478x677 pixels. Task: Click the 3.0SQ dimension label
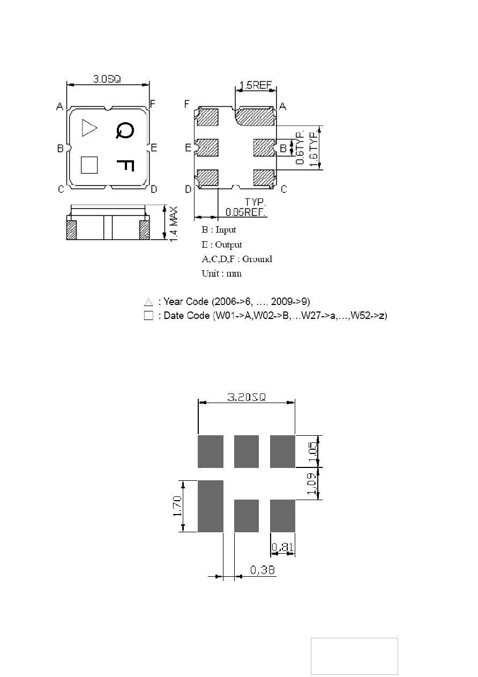(x=107, y=79)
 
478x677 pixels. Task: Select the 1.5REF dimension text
(x=256, y=85)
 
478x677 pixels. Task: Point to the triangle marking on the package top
(x=89, y=128)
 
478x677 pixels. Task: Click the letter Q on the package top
(x=125, y=131)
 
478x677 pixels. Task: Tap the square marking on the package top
(x=89, y=165)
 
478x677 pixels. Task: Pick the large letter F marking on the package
(x=125, y=166)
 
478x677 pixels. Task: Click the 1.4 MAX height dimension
(x=174, y=224)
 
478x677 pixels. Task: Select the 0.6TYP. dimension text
(x=300, y=148)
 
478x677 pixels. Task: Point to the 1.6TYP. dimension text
(x=314, y=148)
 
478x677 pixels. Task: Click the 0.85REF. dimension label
(x=245, y=212)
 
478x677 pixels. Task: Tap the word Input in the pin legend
(x=226, y=230)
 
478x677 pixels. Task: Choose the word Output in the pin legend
(x=228, y=244)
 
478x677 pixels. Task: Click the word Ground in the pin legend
(x=257, y=259)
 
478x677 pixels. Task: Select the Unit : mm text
(x=221, y=273)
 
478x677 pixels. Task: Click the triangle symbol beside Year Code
(x=148, y=302)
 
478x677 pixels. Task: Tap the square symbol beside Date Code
(x=148, y=316)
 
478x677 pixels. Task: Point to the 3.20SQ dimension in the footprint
(x=247, y=397)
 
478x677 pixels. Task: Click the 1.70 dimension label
(x=178, y=506)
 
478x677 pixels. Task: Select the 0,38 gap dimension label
(x=262, y=570)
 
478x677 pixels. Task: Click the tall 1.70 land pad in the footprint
(x=211, y=506)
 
